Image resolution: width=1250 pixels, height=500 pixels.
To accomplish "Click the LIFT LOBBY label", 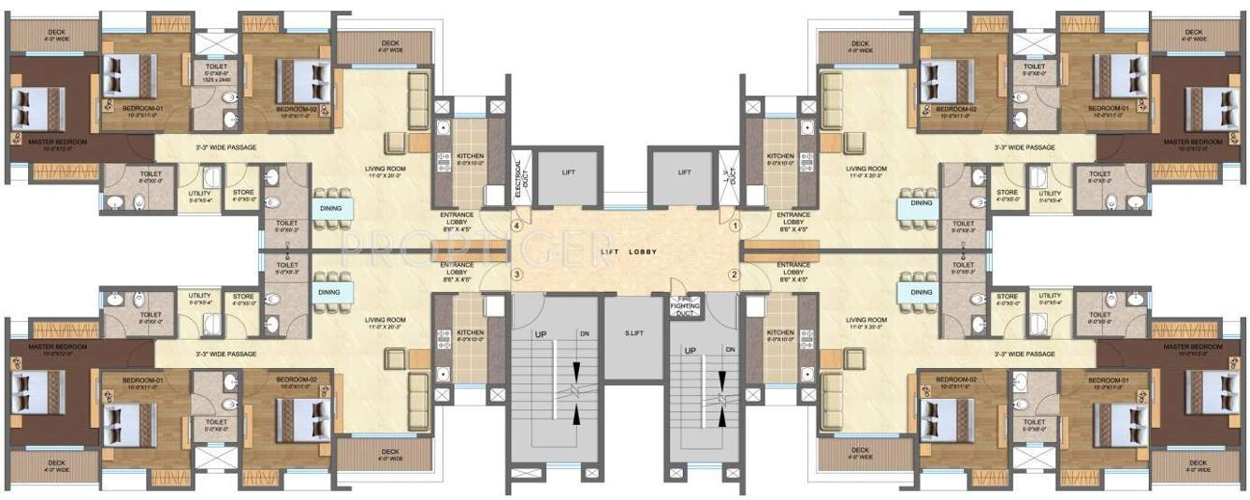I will [624, 253].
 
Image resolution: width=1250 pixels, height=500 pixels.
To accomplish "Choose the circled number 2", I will [734, 274].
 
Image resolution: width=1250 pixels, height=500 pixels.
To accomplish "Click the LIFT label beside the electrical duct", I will [570, 172].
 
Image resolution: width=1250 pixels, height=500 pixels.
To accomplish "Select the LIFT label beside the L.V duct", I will [684, 172].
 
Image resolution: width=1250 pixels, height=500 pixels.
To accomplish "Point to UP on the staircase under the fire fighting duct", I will [691, 350].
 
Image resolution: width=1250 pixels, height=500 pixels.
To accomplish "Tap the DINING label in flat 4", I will [328, 209].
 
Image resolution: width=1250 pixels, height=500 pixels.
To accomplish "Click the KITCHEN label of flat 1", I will [779, 156].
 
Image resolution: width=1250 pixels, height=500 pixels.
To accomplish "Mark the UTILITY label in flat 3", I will [199, 296].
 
